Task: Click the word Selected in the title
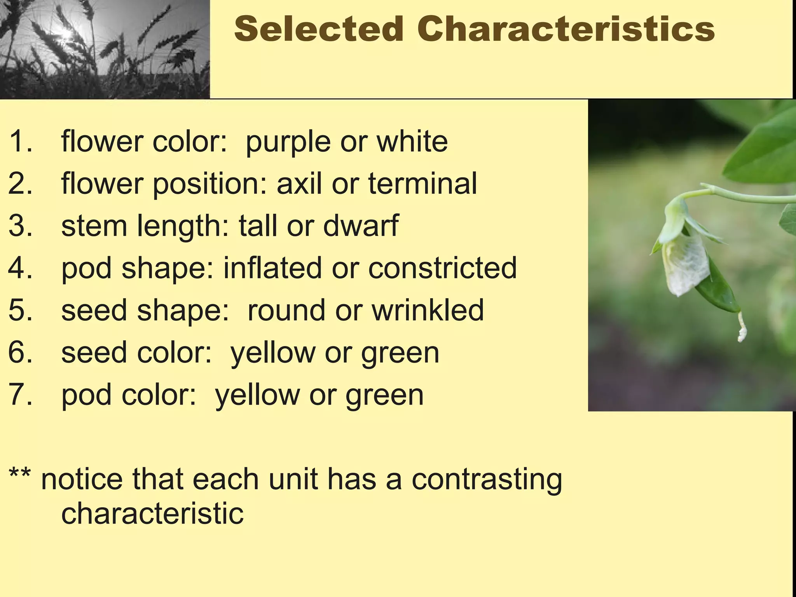(x=319, y=29)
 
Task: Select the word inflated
(x=272, y=268)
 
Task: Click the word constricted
(x=442, y=268)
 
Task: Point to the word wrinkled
(x=428, y=310)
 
